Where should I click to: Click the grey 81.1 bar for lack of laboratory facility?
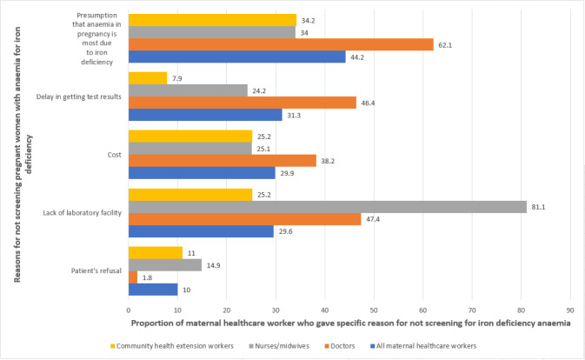click(x=328, y=207)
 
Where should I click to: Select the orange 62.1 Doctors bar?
click(x=281, y=44)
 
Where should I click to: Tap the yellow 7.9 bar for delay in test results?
click(x=148, y=78)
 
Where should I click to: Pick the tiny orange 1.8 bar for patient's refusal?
click(x=133, y=277)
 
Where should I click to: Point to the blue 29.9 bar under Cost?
click(x=202, y=173)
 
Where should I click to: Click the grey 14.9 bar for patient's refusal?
click(x=165, y=265)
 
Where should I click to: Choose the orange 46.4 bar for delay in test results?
click(x=243, y=103)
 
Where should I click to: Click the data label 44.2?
click(x=357, y=57)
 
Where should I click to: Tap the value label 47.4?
click(x=373, y=219)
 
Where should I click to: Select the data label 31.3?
click(x=294, y=116)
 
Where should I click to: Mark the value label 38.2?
click(x=328, y=161)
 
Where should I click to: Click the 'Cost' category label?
click(x=114, y=155)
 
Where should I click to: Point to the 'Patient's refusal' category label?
click(x=96, y=270)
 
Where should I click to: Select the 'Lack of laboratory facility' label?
click(x=82, y=213)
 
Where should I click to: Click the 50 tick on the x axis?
click(x=374, y=310)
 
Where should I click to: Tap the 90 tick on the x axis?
click(x=570, y=310)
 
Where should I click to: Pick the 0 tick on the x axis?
click(x=129, y=310)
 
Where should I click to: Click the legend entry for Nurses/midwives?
click(x=279, y=346)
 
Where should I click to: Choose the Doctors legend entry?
click(x=340, y=346)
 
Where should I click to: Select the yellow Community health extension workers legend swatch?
click(x=113, y=346)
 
